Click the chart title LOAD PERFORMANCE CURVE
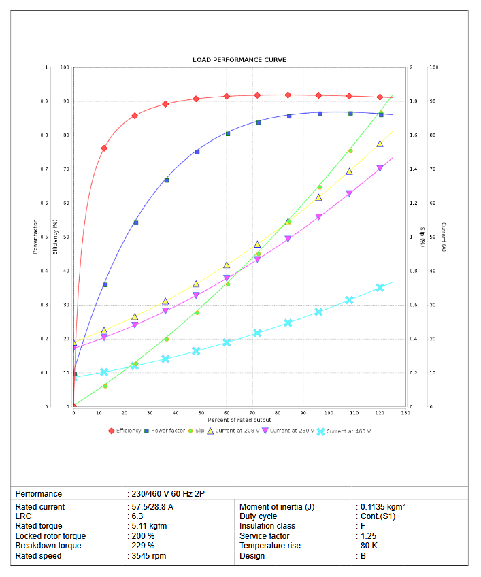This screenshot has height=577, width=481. coord(239,60)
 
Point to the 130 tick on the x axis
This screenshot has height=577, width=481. coord(405,413)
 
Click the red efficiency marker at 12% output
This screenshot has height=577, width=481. coord(104,148)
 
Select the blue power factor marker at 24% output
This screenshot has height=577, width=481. coord(135,223)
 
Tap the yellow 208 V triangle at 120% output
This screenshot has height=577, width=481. coord(380,144)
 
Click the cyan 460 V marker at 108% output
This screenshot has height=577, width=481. coord(349,300)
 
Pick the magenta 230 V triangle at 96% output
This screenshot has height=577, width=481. coord(318,217)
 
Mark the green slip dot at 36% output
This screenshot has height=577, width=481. coord(166,339)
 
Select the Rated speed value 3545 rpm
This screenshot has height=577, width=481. coord(148,556)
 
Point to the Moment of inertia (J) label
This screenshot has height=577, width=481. coord(277,507)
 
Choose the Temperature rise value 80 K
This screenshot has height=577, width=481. coord(367,546)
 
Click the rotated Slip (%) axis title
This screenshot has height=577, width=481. coord(422,235)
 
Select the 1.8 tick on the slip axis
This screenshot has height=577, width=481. coord(414,101)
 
